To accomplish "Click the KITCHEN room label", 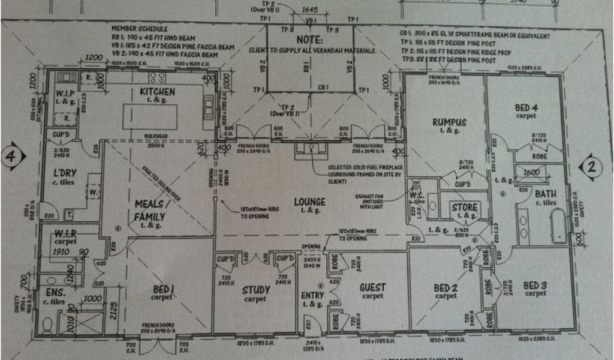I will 158,92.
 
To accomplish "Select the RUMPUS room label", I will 449,122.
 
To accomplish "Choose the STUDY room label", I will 256,290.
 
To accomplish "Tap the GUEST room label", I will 372,287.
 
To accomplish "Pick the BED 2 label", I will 446,288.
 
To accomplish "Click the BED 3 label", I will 534,285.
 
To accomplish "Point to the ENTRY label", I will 312,295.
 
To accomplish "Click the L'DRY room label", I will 64,173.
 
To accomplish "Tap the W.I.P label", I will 65,94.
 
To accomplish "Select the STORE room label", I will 464,208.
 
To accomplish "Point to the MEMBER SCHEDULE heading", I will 139,29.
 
